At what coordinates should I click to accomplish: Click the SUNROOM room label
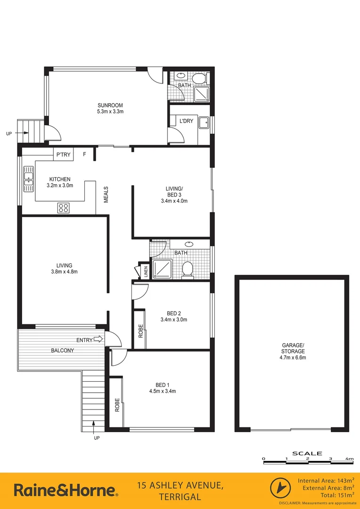pos(110,105)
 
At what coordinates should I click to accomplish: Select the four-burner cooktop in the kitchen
pos(64,207)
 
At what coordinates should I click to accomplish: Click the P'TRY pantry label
pos(63,154)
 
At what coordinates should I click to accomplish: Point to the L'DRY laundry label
pos(187,121)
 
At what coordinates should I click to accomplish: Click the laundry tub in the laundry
pos(204,123)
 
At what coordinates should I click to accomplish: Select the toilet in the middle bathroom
pos(188,270)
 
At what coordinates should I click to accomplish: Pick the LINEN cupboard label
pos(145,271)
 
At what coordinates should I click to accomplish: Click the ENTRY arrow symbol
pos(98,339)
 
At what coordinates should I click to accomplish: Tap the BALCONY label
pos(63,351)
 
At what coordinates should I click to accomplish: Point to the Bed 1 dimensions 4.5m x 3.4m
pos(163,391)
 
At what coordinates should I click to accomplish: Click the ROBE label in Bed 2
pos(140,332)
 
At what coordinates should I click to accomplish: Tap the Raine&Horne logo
pos(66,491)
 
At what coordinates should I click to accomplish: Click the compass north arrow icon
pos(279,488)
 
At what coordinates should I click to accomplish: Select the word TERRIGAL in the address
pos(180,497)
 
